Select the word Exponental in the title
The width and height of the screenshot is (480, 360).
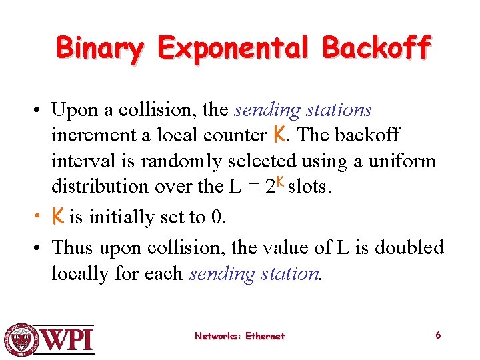coord(233,48)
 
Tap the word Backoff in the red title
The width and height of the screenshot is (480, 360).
coord(377,48)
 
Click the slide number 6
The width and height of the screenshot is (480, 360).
coord(438,335)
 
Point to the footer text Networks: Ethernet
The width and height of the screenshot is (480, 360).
coord(239,336)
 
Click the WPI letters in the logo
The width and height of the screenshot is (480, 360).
coord(67,340)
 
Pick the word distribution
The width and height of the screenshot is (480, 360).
coord(99,187)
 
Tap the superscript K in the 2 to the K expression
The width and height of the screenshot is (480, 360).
coord(281,181)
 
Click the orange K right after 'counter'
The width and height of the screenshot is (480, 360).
coord(279,135)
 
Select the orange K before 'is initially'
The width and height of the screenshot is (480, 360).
coord(59,216)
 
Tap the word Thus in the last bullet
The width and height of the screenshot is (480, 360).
coord(73,247)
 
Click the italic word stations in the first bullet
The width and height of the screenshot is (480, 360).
coord(339,109)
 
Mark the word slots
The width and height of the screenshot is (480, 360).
coord(309,187)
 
